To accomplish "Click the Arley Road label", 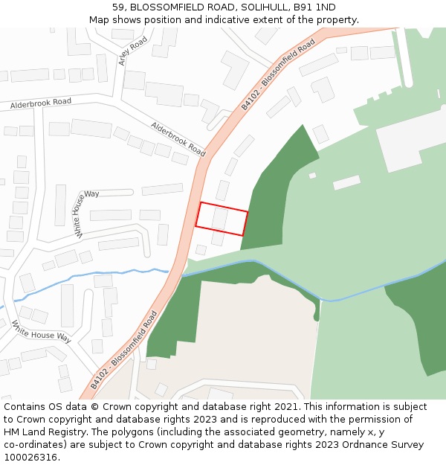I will [133, 51].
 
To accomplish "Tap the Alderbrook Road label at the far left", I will [41, 103].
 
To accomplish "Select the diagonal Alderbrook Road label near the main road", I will [178, 139].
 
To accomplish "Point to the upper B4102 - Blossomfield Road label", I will [278, 74].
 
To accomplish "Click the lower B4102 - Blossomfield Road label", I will [124, 350].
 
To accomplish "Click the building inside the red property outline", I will [219, 219].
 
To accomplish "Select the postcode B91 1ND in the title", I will [316, 7].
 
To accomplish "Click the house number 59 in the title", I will [118, 7].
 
